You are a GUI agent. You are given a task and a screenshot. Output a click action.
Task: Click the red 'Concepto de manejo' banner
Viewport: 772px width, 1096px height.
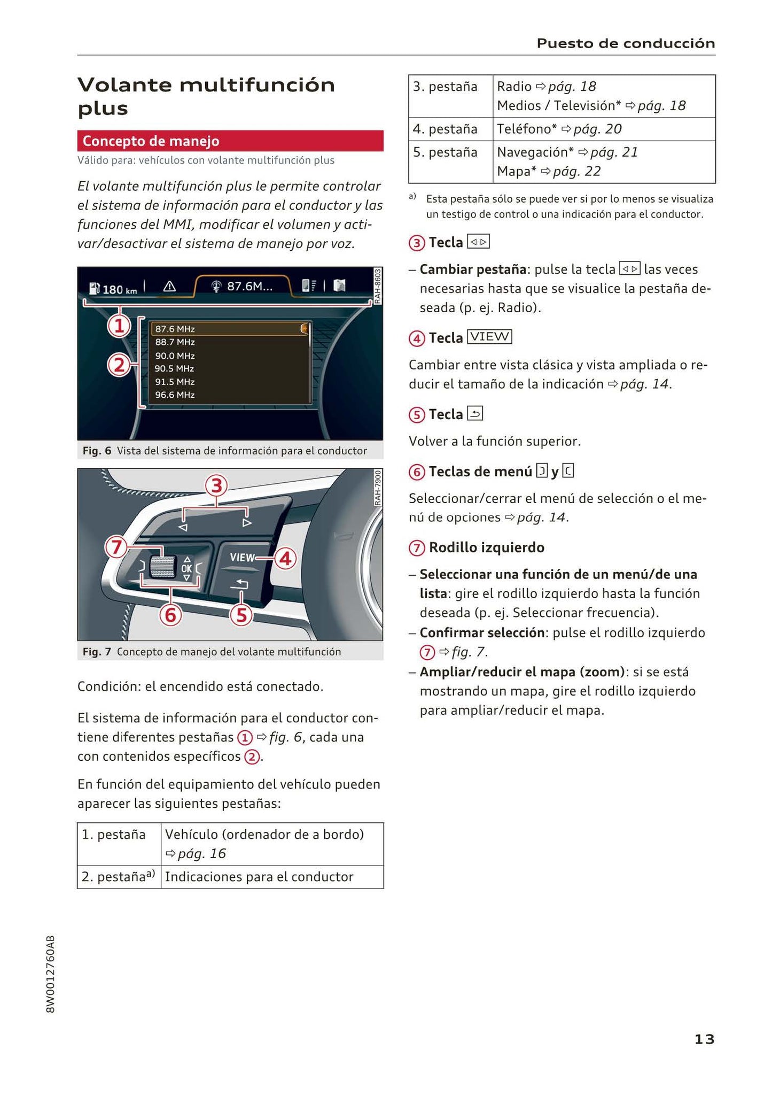pos(230,141)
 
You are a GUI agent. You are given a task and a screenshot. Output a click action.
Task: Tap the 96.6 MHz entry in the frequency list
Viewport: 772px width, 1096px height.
pos(175,395)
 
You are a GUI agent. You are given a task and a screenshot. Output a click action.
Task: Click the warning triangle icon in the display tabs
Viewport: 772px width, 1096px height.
pos(169,287)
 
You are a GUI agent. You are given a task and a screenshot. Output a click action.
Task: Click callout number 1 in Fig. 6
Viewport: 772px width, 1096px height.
pos(119,326)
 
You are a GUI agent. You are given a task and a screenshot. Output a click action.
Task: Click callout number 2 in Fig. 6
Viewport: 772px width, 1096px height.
pos(119,366)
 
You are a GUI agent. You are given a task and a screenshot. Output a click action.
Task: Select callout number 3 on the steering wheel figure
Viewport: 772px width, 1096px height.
pos(216,486)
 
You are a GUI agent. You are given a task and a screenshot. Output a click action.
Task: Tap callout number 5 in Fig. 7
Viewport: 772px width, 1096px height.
pos(241,615)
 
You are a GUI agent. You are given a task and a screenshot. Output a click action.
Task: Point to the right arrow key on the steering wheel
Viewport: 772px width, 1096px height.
pos(247,522)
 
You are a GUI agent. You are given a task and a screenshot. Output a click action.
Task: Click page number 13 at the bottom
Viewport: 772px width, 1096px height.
pos(704,1039)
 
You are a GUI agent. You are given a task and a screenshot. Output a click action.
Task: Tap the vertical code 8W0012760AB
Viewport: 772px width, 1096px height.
pos(51,974)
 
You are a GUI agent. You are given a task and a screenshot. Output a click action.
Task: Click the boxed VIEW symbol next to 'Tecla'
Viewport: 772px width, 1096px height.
pos(489,337)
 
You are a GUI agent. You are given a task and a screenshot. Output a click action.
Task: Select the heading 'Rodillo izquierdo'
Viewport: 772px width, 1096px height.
pos(486,547)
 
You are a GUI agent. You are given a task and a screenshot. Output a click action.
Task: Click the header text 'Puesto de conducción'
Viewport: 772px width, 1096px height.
pos(625,43)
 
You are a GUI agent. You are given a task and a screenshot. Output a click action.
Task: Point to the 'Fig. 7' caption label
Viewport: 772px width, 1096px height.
pos(97,652)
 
